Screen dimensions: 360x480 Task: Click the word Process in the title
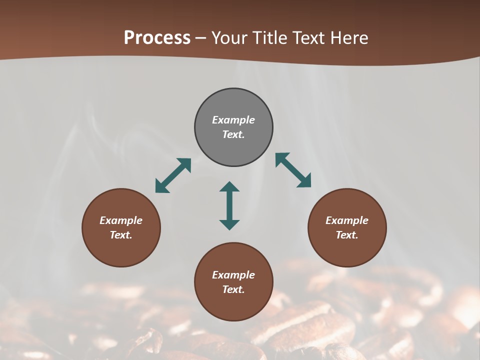(x=157, y=38)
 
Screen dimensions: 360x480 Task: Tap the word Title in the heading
(x=270, y=38)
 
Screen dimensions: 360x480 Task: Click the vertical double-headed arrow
(x=229, y=205)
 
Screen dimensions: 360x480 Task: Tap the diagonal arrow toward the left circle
(x=173, y=175)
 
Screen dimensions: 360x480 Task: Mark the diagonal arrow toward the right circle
(x=293, y=170)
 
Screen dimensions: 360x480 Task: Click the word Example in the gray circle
(x=233, y=120)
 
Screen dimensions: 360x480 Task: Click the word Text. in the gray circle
(x=233, y=134)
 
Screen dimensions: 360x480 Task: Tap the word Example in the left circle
(x=121, y=220)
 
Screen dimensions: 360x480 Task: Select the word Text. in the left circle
(x=121, y=235)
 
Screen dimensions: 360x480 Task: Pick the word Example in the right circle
(x=347, y=220)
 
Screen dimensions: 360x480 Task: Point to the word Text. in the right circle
(x=347, y=235)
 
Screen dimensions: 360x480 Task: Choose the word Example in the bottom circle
(x=233, y=275)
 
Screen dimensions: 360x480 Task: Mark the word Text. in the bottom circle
(x=233, y=289)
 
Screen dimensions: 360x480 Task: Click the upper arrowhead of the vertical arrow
(x=229, y=186)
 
